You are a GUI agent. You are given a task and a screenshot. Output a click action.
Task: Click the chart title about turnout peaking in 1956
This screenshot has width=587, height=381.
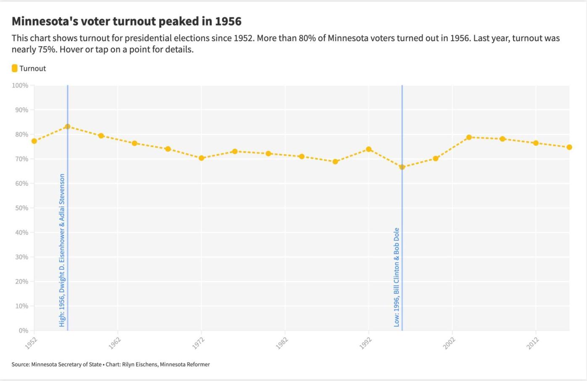[126, 21]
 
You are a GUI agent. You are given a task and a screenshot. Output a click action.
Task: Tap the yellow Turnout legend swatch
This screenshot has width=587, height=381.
[15, 68]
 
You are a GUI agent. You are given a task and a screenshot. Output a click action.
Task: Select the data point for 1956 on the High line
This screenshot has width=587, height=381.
[67, 126]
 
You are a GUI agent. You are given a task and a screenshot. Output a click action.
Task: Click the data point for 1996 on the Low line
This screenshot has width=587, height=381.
[402, 167]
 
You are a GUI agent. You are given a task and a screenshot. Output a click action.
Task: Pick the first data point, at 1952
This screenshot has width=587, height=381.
[34, 141]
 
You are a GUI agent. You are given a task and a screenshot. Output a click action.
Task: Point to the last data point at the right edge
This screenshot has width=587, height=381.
[569, 147]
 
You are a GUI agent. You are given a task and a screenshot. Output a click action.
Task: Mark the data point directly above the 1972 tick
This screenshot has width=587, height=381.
[201, 158]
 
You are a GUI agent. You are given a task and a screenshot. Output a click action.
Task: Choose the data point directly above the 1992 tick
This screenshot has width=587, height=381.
[369, 149]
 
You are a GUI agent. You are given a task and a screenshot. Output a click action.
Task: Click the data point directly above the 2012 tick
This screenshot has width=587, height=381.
[536, 143]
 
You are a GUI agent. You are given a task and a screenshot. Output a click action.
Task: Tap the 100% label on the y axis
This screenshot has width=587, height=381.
[20, 86]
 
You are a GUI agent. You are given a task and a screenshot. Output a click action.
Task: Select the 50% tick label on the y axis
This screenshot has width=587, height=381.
[21, 208]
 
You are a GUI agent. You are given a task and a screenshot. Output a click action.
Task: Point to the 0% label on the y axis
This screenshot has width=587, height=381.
[23, 331]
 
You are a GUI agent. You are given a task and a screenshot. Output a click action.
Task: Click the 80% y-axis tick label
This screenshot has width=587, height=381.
[21, 134]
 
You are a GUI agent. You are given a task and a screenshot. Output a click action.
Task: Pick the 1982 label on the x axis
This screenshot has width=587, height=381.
[282, 343]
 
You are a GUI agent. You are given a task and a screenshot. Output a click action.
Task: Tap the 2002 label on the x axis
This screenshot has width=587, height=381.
[450, 343]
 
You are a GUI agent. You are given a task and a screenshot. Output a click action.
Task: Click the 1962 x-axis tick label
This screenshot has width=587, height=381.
[115, 343]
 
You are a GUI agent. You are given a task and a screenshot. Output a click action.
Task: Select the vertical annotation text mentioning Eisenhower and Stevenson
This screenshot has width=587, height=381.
[62, 250]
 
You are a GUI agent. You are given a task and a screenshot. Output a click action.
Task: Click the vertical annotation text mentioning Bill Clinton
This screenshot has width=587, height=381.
[397, 277]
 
